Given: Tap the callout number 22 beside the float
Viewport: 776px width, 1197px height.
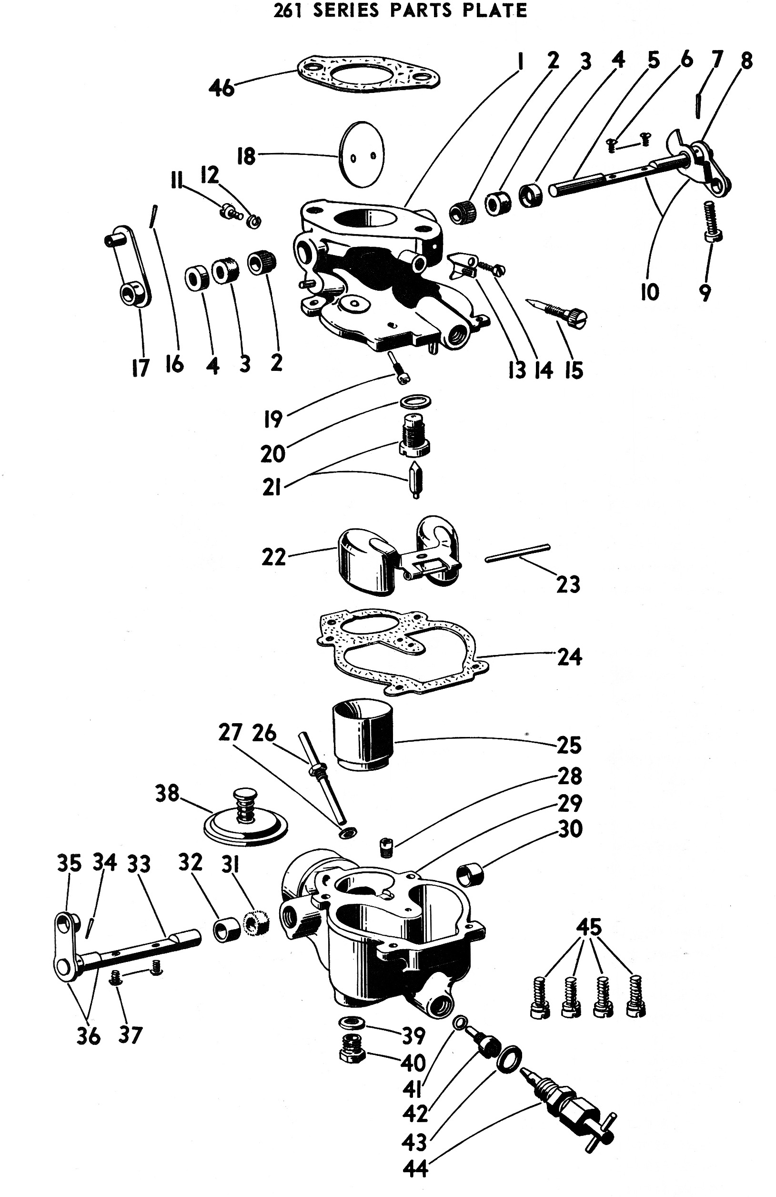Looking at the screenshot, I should coord(273,557).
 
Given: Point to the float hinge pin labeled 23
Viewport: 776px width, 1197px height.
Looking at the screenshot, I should coord(517,553).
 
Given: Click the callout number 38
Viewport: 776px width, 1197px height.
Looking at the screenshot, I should coord(167,794).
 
